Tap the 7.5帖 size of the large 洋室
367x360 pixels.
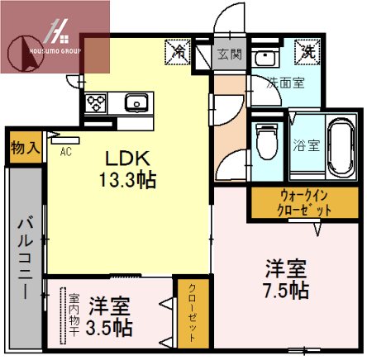287,290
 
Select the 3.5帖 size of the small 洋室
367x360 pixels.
110,327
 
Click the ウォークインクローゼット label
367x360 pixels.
293,203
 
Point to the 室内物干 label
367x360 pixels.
74,315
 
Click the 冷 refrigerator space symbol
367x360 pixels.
178,51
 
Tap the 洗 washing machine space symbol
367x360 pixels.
304,50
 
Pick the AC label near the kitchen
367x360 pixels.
64,152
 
